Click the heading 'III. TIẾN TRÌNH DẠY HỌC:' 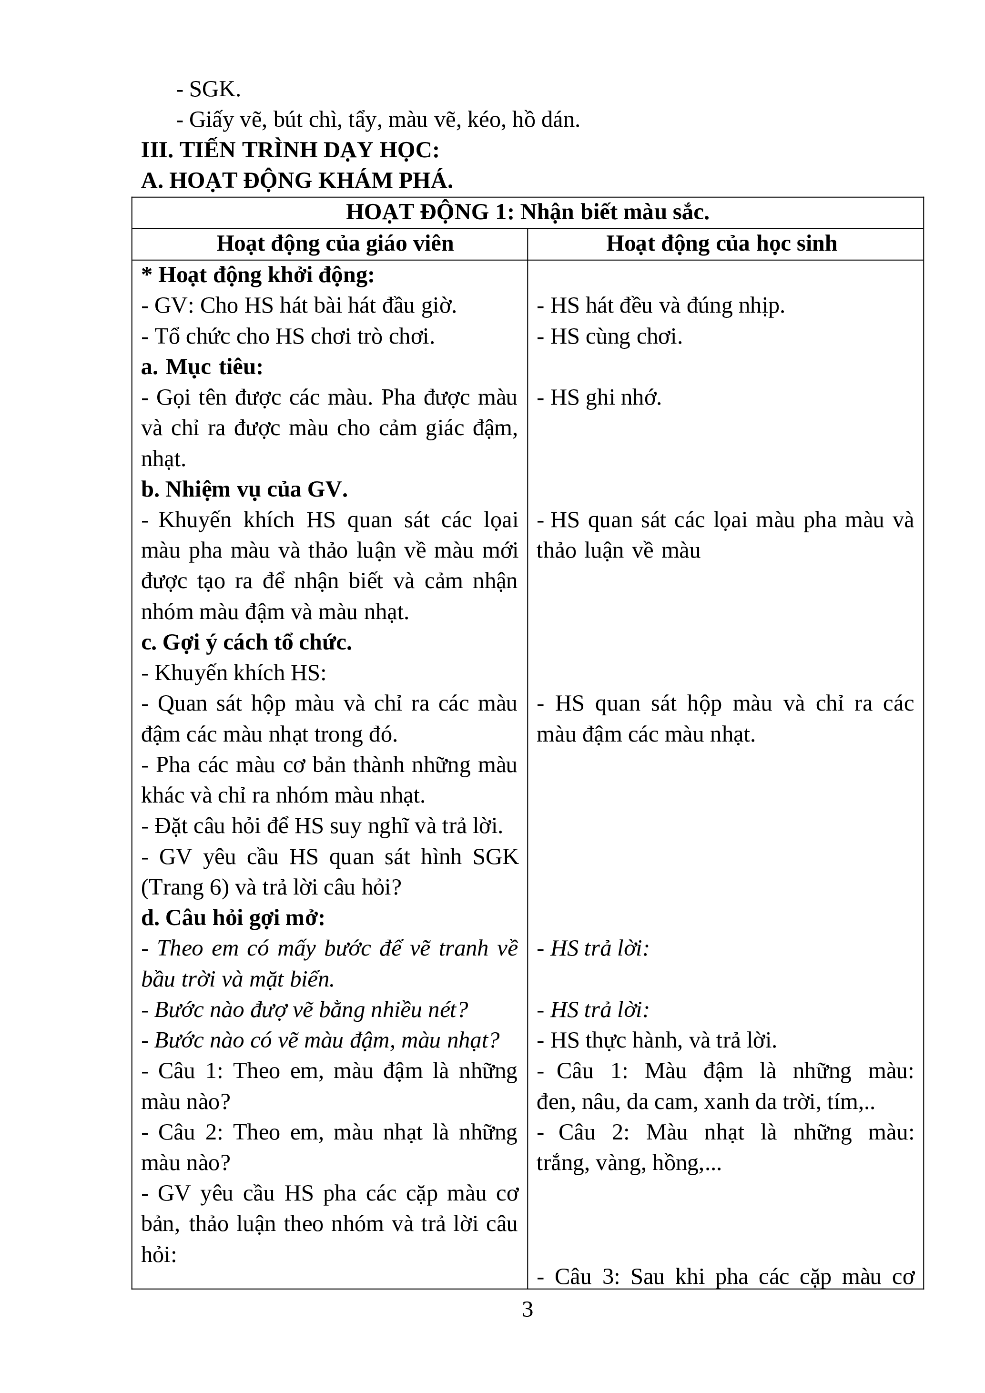point(290,150)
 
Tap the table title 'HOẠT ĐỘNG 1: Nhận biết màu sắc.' point(527,213)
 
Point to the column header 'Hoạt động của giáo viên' point(335,244)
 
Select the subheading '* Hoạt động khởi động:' point(258,275)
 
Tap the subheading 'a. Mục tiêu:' point(202,367)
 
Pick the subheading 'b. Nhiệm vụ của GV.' point(244,489)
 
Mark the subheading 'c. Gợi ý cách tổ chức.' point(246,642)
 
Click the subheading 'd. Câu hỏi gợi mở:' point(233,918)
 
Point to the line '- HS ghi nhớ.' point(599,398)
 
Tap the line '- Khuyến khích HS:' point(234,673)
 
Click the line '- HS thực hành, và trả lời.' point(656,1040)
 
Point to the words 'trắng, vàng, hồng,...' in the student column point(629,1163)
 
